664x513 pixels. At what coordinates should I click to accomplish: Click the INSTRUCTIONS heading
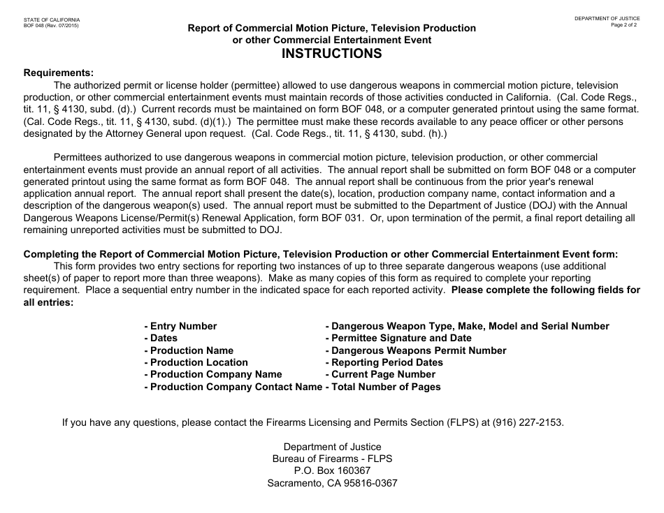(332, 54)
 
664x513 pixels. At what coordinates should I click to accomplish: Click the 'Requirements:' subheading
(59, 73)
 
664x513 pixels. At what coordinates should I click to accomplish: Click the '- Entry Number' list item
(180, 326)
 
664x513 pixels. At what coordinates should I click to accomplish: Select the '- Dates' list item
(161, 338)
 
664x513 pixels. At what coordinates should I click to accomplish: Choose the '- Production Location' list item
(196, 362)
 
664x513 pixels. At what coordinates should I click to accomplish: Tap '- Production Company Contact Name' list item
(233, 387)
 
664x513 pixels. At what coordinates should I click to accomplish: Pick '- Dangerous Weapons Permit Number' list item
(416, 350)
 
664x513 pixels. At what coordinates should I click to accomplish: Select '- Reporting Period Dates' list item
(384, 362)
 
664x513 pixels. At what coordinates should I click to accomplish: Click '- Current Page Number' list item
(380, 375)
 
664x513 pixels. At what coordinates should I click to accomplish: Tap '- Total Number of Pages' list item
(383, 387)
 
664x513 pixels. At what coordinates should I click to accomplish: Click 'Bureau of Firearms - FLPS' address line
(332, 459)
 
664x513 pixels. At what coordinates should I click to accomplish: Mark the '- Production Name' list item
(189, 350)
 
